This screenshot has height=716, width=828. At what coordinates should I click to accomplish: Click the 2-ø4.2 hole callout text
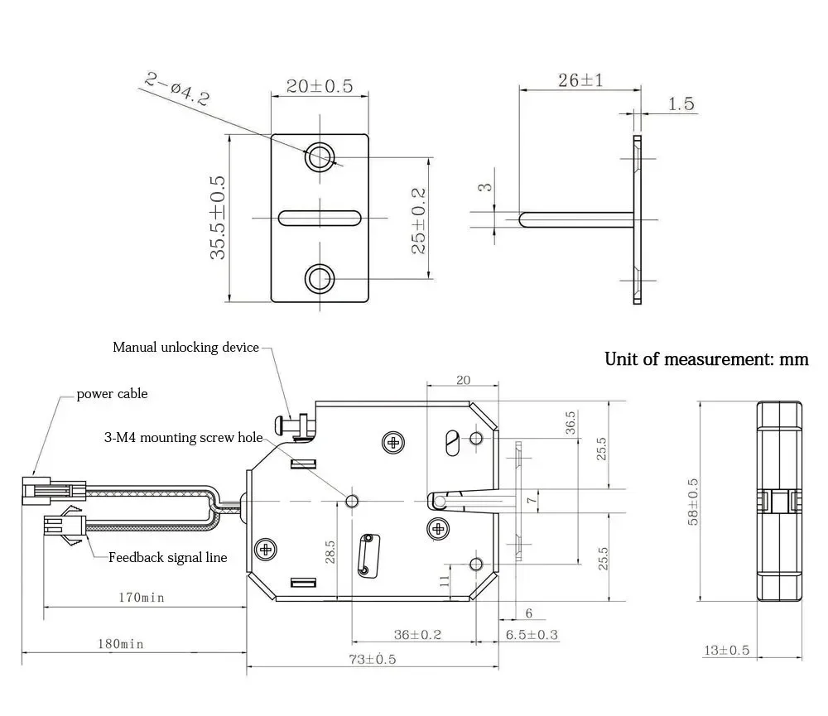pos(177,89)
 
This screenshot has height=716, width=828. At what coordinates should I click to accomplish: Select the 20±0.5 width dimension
pos(319,85)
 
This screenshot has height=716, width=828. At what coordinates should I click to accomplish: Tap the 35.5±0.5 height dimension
pos(218,217)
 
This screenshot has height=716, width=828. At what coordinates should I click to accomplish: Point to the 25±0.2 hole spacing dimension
pos(419,220)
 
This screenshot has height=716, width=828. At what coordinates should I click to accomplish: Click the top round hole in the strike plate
pos(320,156)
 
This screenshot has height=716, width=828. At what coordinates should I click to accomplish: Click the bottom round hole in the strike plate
pos(320,278)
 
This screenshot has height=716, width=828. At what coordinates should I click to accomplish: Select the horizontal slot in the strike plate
pos(320,218)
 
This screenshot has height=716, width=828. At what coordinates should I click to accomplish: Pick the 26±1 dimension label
pos(580,80)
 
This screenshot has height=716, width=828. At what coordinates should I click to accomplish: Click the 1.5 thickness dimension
pos(680,104)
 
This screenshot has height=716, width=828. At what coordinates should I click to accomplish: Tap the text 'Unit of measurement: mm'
pos(705,359)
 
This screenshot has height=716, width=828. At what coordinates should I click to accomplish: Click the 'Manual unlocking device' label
pos(185,348)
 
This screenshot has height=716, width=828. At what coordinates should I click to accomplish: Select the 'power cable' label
pos(112,394)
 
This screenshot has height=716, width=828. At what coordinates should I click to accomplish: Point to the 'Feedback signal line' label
pos(167,557)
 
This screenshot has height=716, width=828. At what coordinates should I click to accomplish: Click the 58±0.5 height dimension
pos(694,501)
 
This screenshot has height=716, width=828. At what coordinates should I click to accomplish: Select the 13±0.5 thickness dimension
pos(726,651)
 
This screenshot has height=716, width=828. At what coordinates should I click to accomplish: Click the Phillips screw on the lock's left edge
pos(266,548)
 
